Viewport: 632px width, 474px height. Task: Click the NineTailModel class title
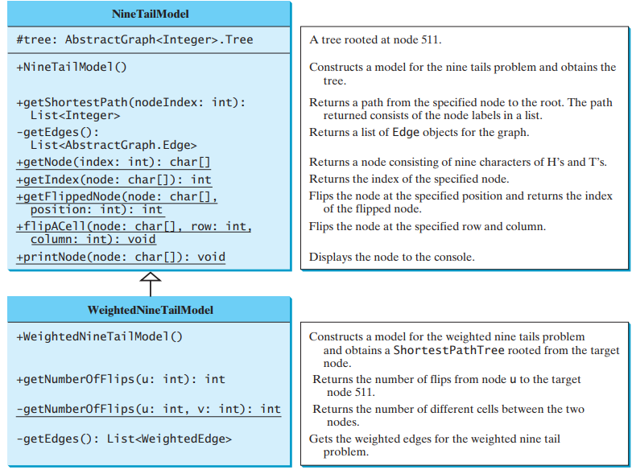(x=150, y=14)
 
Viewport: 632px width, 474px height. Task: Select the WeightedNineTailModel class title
(x=150, y=310)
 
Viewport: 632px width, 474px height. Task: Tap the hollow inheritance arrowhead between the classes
(x=151, y=277)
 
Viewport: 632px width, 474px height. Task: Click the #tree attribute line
(x=134, y=39)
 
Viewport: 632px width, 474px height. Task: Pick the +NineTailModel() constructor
(x=72, y=67)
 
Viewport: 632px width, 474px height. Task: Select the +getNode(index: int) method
(x=114, y=162)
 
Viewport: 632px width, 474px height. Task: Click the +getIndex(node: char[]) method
(x=114, y=179)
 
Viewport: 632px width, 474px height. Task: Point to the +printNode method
(x=121, y=258)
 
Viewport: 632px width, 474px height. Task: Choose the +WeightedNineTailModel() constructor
(x=99, y=336)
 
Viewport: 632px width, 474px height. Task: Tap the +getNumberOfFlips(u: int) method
(x=121, y=379)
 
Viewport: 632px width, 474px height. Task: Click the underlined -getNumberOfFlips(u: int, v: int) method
(x=148, y=409)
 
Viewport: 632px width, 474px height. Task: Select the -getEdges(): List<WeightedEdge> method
(x=124, y=439)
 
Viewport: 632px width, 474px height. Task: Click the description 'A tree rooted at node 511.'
(x=375, y=39)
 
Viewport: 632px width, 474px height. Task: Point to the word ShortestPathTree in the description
(x=448, y=350)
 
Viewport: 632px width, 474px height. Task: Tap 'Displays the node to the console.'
(x=392, y=258)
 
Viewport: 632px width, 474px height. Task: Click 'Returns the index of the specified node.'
(x=409, y=179)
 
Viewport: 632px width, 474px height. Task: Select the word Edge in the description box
(x=406, y=132)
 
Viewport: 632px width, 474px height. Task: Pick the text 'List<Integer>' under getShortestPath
(x=75, y=116)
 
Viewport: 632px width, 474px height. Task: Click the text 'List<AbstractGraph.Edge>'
(x=114, y=145)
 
